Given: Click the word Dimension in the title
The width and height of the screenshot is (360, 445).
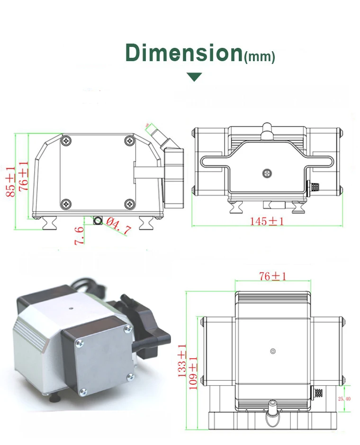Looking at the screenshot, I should coord(184,53).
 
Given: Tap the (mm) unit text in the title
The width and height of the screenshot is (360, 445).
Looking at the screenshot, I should coord(259,57).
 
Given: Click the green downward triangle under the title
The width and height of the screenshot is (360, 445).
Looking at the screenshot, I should coord(194,77).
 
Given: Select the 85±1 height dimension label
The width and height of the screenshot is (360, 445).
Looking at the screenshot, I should coord(10,182).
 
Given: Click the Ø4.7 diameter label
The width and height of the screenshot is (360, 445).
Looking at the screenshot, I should coord(117,226).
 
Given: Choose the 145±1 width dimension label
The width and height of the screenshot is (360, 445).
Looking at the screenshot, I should coord(267,221).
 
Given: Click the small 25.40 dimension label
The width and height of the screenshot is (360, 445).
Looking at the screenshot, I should coord(344,399).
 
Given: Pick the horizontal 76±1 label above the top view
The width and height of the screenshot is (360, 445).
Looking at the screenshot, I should coord(272,276).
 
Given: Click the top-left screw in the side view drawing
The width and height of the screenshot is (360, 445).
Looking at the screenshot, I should coord(66,140).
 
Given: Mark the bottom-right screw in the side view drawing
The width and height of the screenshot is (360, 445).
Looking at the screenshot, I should coord(129,204).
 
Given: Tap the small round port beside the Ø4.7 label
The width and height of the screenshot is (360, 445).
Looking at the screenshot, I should coord(98,221).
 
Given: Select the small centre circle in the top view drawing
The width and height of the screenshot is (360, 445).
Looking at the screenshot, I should coord(272,351).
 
